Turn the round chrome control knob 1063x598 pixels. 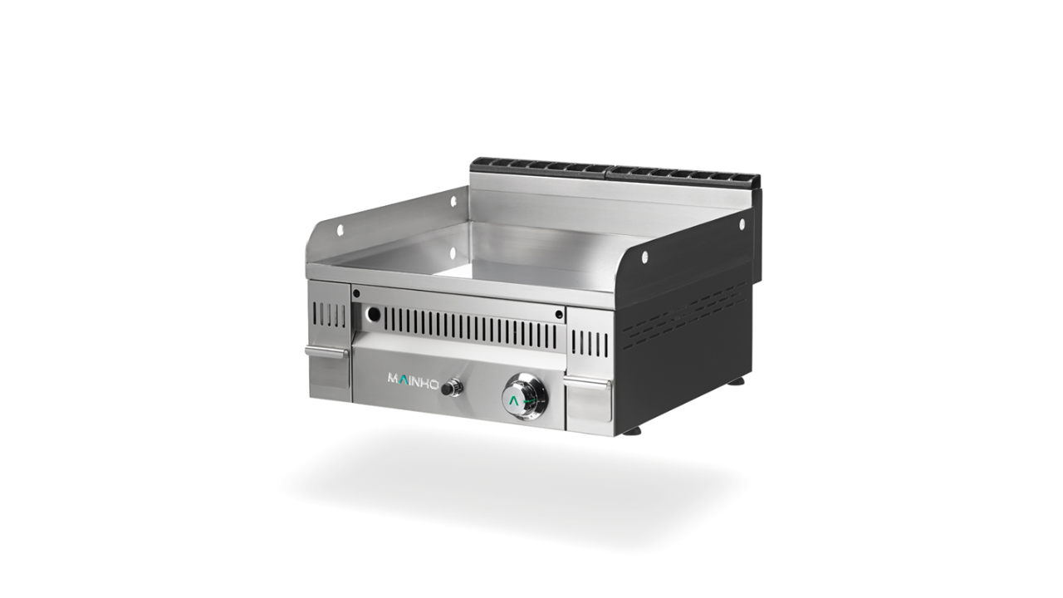coord(524,397)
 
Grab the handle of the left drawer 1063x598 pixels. coord(326,351)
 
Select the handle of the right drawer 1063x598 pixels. coord(588,383)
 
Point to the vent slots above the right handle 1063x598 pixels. coord(590,342)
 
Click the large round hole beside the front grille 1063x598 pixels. coord(373,315)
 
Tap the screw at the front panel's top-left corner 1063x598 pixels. coord(356,293)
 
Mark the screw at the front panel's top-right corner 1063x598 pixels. coord(559,314)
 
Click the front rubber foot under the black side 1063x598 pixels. coord(632,431)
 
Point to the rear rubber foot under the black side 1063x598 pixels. coord(737,381)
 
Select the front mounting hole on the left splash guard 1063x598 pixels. coord(340,230)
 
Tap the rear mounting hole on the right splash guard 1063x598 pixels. coord(742,223)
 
